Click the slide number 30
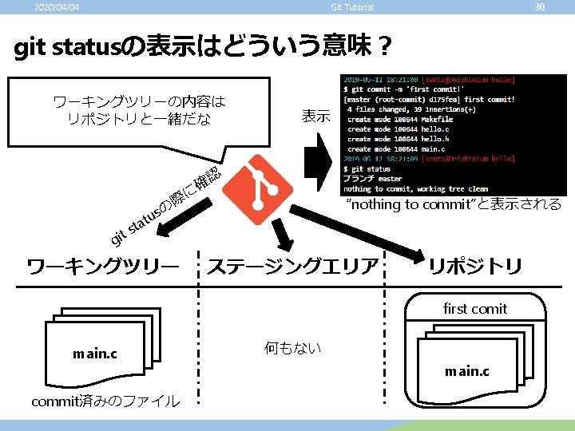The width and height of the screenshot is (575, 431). (539, 7)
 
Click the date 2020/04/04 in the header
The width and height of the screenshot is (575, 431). (57, 8)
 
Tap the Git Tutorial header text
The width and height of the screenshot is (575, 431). (352, 8)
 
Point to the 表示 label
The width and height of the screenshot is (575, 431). (315, 116)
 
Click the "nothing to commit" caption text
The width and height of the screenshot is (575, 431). (453, 204)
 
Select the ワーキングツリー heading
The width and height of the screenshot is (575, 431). (102, 266)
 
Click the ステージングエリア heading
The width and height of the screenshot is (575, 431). (292, 266)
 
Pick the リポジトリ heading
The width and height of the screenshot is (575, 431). (475, 266)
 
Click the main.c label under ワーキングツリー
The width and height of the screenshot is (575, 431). (94, 353)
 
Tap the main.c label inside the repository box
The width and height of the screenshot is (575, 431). (467, 371)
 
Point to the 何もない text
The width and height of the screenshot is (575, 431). (292, 348)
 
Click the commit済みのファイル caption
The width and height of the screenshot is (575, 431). (105, 401)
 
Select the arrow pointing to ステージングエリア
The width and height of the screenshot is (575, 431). (282, 236)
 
